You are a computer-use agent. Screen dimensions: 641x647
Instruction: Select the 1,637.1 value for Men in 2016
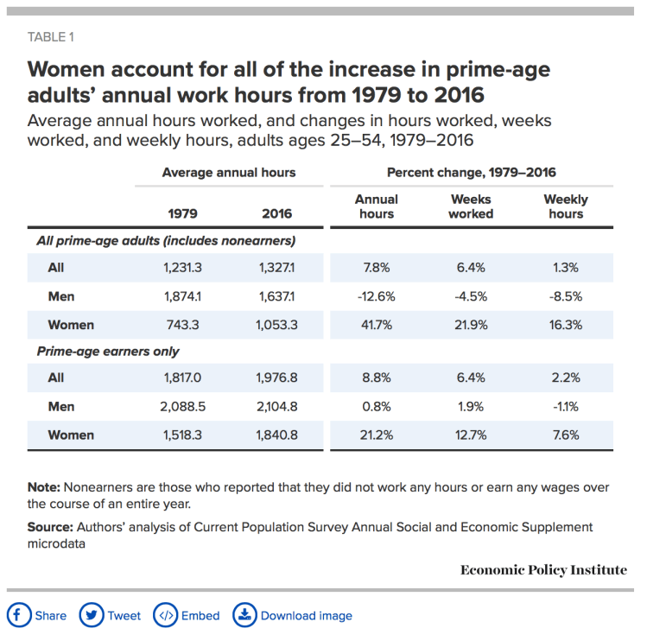click(276, 296)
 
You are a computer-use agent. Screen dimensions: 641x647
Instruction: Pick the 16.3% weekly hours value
click(566, 326)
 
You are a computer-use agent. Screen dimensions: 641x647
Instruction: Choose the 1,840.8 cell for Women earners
click(276, 435)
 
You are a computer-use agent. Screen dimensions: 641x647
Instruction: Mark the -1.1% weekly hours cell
click(566, 406)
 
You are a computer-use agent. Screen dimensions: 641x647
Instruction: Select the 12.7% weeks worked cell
click(471, 435)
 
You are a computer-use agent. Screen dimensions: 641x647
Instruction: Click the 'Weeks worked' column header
click(471, 206)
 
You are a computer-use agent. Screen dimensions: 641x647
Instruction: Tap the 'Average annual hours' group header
click(229, 173)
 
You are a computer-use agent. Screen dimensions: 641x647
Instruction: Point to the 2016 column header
click(276, 213)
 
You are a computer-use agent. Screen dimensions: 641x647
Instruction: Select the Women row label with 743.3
click(72, 326)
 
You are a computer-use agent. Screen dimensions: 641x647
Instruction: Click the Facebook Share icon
click(19, 615)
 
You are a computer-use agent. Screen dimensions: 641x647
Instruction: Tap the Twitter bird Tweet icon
click(91, 615)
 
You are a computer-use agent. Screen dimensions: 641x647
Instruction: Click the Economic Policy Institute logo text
click(543, 570)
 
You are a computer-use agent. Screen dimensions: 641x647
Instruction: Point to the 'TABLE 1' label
click(51, 36)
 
